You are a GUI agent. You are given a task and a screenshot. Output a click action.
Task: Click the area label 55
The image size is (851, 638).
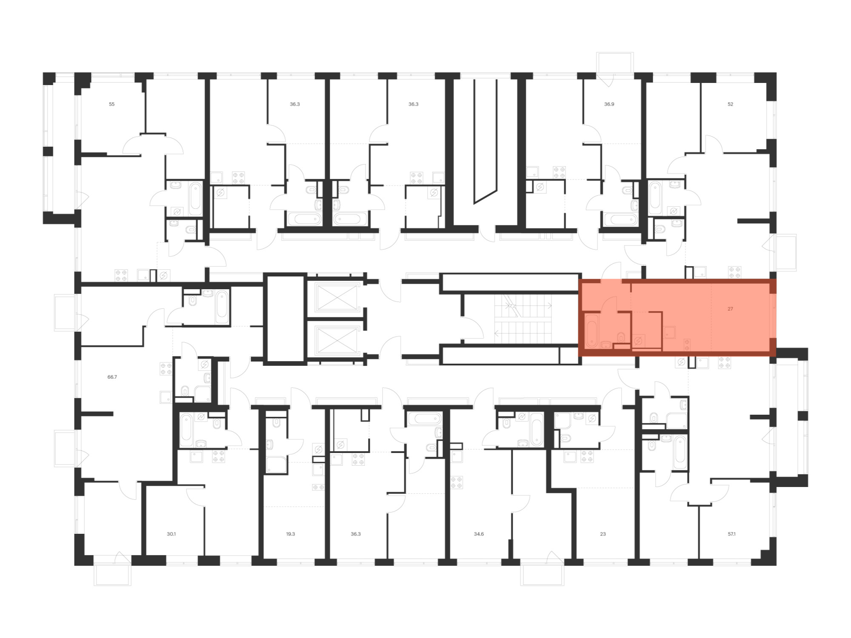click(x=111, y=104)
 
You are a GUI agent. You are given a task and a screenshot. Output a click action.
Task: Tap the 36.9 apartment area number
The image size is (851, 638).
click(x=609, y=104)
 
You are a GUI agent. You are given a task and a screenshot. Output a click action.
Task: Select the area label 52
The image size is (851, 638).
click(x=730, y=104)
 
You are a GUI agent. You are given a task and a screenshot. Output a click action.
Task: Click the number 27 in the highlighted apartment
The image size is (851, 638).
click(x=730, y=309)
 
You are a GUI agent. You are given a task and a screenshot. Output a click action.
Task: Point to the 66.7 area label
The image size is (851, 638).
click(x=112, y=377)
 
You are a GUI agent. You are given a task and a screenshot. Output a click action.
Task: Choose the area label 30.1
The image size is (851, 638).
click(x=171, y=534)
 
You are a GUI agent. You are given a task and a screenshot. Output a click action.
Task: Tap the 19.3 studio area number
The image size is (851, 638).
click(x=290, y=534)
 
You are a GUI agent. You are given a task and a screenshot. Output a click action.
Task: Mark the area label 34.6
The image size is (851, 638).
click(x=479, y=534)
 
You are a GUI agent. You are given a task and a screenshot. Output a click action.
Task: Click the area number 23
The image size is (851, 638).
click(x=603, y=534)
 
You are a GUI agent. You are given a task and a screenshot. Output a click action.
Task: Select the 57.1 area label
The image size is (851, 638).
click(x=731, y=534)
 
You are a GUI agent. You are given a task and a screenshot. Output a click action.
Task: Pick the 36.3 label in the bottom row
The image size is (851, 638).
click(x=355, y=534)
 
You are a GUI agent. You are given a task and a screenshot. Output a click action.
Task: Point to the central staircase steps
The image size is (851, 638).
click(x=523, y=319)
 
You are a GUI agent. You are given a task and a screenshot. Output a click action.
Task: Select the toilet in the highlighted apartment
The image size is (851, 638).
click(x=622, y=337)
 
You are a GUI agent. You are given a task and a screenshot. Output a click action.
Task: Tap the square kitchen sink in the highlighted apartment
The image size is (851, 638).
click(x=670, y=332)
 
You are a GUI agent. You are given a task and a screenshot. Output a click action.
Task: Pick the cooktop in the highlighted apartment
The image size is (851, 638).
click(x=686, y=344)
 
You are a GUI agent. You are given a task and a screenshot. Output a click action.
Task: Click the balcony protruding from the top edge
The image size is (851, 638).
click(x=615, y=63)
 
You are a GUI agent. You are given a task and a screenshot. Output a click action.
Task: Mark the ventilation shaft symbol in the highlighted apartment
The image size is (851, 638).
click(x=638, y=341)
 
